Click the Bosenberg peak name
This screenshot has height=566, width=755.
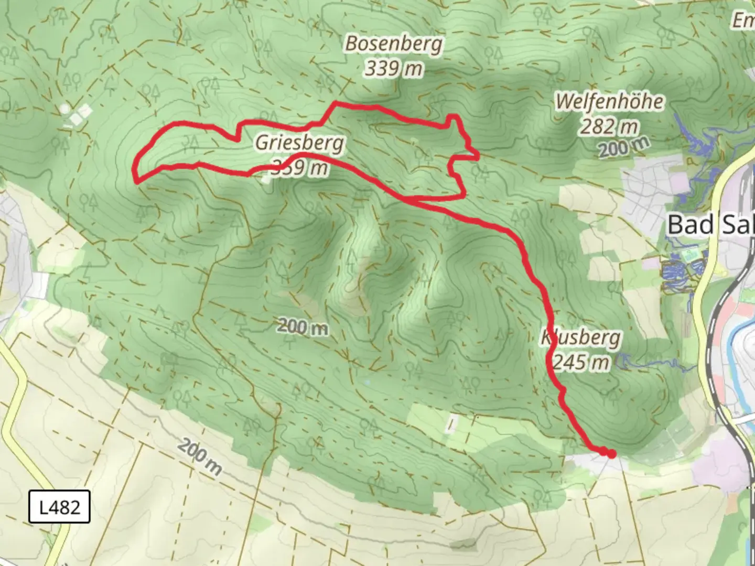pos(393,44)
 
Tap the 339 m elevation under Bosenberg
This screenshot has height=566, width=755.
pos(393,68)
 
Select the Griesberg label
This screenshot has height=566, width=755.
pos(299,143)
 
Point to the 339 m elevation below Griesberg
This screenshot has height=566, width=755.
pos(299,168)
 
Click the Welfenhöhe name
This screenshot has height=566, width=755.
pos(609,102)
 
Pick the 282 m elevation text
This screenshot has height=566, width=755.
pos(609,126)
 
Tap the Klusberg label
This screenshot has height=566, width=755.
pos(581,338)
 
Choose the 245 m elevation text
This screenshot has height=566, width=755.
pos(581,362)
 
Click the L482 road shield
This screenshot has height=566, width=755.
pos(59,507)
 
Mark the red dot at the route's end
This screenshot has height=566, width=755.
pos(611,454)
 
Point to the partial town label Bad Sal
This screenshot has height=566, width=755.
pos(710,225)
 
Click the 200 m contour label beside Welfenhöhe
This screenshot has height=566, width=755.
pos(624,147)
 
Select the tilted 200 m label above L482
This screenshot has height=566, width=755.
pos(199,457)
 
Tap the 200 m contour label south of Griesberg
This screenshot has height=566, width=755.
pos(303,327)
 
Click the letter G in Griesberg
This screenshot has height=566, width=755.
pos(262,143)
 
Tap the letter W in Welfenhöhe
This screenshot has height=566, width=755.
pos(566,102)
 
